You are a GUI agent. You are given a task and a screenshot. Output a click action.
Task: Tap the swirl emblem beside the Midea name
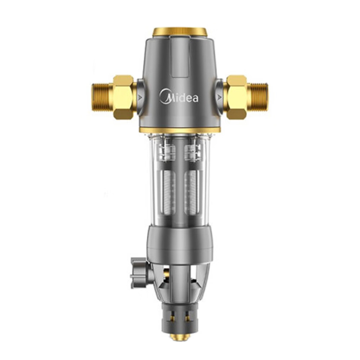pyautogui.click(x=165, y=96)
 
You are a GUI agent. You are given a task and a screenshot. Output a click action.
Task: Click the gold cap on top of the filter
pyautogui.click(x=180, y=32)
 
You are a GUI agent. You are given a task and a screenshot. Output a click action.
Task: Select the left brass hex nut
pyautogui.click(x=123, y=97)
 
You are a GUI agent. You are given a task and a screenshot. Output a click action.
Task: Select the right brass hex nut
pyautogui.click(x=237, y=97)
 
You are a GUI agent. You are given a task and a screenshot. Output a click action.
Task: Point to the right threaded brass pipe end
pyautogui.click(x=258, y=97)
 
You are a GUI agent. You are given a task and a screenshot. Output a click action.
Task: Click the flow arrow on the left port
pyautogui.click(x=140, y=98)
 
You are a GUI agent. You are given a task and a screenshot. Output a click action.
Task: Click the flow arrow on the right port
pyautogui.click(x=220, y=98)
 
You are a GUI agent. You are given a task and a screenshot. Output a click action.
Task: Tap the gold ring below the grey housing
pyautogui.click(x=180, y=130)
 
